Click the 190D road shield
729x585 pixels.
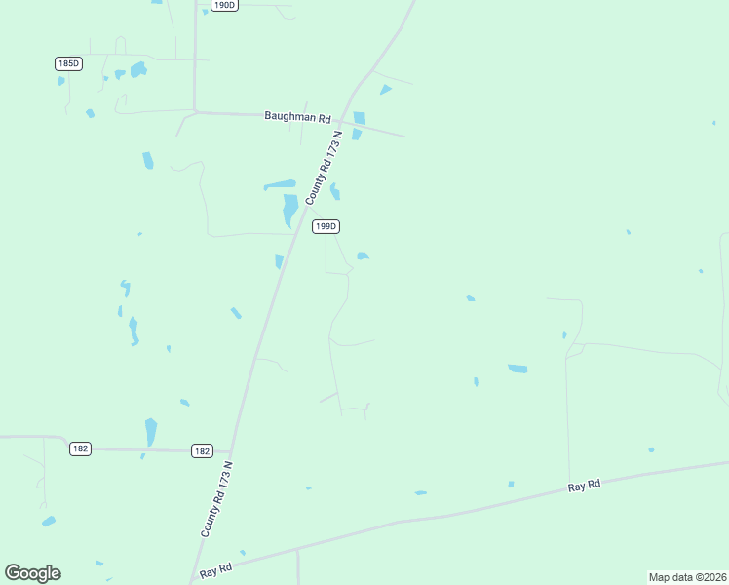pos(223,5)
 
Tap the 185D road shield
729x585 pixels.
pos(67,63)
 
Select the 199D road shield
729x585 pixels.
pos(326,226)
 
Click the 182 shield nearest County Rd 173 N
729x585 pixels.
pos(202,450)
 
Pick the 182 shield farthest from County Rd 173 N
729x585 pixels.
pos(80,448)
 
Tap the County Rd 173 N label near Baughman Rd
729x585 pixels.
pos(325,168)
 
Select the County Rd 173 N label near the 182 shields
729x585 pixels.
pos(217,498)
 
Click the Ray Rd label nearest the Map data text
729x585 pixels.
pos(584,486)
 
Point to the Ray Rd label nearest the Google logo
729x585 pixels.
pos(215,569)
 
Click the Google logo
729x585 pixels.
pos(32,573)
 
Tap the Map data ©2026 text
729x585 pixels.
pos(687,577)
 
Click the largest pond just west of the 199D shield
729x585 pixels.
pos(289,210)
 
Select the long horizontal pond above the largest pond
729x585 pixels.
pos(280,185)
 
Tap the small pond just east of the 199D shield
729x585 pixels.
pos(363,256)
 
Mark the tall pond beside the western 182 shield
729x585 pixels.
pos(151,431)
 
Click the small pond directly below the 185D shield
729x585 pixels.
pos(61,81)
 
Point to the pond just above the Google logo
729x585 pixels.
pos(48,522)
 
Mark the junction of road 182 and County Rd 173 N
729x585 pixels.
pos(229,451)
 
